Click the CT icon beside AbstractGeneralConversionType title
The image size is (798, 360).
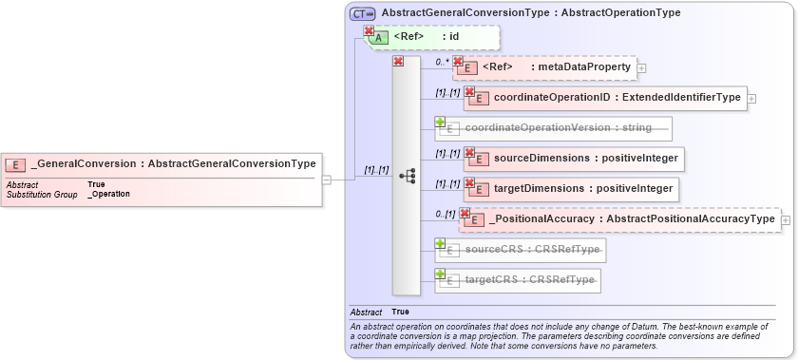click(x=362, y=13)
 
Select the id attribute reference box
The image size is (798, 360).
click(x=432, y=37)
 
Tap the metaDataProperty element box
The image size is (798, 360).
click(x=545, y=67)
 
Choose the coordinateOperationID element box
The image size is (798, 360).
click(x=604, y=97)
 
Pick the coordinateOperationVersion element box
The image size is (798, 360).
click(x=553, y=127)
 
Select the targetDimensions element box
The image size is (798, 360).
click(x=570, y=188)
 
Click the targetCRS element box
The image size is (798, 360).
click(x=518, y=280)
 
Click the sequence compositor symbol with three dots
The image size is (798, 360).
click(x=408, y=175)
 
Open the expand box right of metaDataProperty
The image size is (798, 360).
click(x=642, y=67)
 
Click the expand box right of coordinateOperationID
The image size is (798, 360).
click(x=751, y=98)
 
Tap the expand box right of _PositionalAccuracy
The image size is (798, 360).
click(x=786, y=219)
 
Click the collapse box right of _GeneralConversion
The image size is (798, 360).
click(x=326, y=178)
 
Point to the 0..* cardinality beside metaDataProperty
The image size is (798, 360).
click(x=442, y=62)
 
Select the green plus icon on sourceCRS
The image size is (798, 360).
click(x=441, y=244)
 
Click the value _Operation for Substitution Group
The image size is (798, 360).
click(x=108, y=194)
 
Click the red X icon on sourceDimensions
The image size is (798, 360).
click(x=469, y=152)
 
